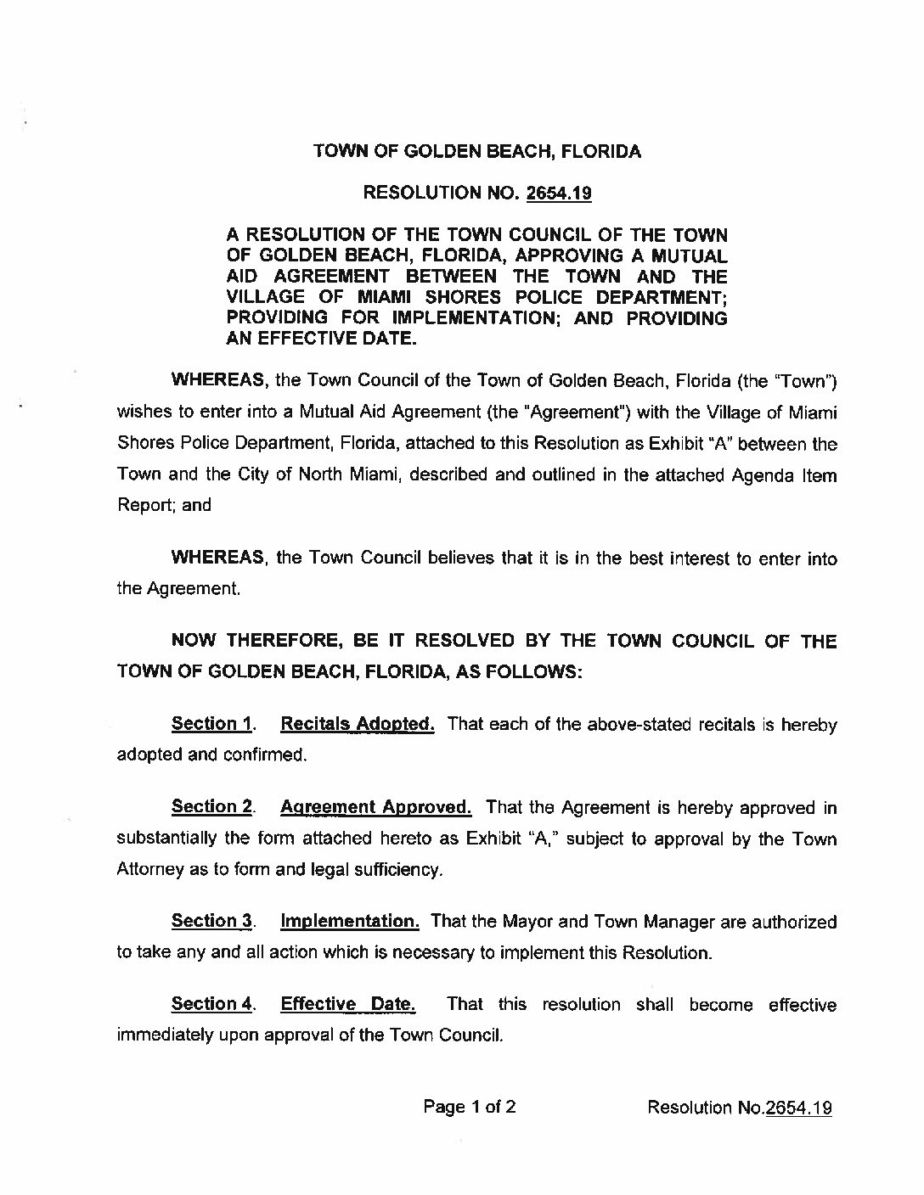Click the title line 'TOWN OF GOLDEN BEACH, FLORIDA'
click(477, 152)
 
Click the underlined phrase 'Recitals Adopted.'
click(358, 724)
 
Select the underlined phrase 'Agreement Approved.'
click(375, 806)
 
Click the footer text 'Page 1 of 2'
click(469, 1107)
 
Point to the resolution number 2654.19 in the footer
click(798, 1108)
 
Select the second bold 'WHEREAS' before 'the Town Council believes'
click(218, 558)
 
